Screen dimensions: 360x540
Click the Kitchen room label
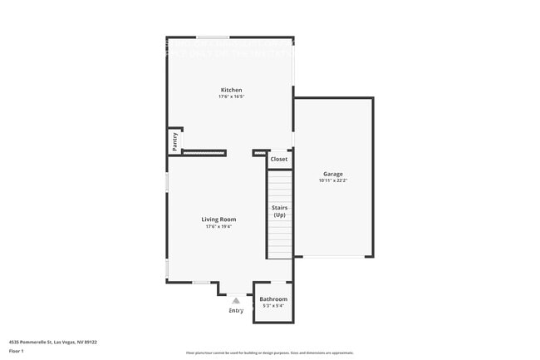coord(231,90)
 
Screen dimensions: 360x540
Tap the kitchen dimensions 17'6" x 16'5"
coord(231,96)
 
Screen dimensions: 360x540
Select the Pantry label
coord(175,141)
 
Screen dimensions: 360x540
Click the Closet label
coord(279,159)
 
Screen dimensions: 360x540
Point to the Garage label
coord(332,174)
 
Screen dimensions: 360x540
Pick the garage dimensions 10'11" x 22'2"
coord(332,180)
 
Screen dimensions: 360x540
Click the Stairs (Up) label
coord(279,211)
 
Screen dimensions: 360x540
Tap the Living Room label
coord(219,219)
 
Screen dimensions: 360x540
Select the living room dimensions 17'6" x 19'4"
coord(219,226)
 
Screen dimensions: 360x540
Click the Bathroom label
coord(273,299)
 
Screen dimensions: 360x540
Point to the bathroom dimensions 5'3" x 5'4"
coord(273,306)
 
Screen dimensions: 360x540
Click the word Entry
coord(236,311)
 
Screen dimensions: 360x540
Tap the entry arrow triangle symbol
coord(236,300)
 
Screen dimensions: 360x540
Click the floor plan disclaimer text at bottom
coord(270,353)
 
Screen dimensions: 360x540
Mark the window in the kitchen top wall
coord(214,37)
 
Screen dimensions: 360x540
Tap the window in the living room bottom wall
coord(201,283)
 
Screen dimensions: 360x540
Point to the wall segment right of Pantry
coord(204,152)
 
